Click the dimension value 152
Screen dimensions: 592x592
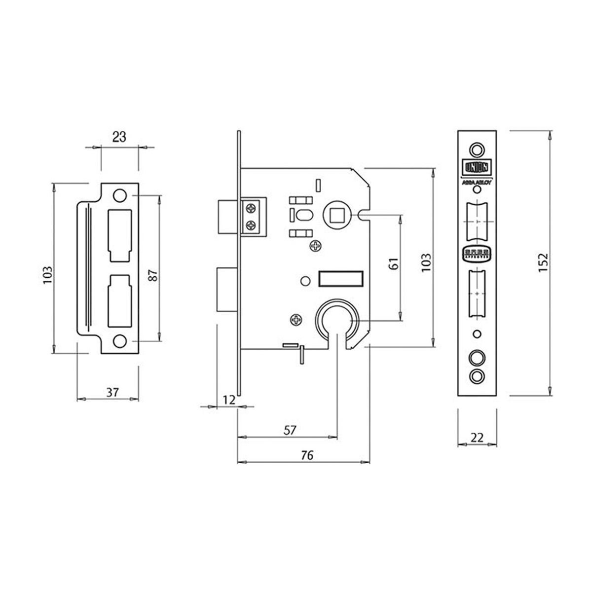pos(543,263)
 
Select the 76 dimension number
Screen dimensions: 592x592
pos(307,455)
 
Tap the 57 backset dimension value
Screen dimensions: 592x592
pos(290,430)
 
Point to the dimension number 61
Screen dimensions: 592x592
pos(393,263)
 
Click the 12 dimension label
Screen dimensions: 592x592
pos(227,400)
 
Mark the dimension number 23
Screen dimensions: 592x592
pos(119,137)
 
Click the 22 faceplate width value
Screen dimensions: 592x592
pos(477,438)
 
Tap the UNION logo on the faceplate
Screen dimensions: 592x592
pos(476,168)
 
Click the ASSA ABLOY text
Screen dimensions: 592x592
pos(476,181)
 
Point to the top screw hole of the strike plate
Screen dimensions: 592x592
pos(119,195)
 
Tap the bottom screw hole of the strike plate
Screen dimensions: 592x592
pos(119,341)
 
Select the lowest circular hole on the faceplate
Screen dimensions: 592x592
pos(476,375)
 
